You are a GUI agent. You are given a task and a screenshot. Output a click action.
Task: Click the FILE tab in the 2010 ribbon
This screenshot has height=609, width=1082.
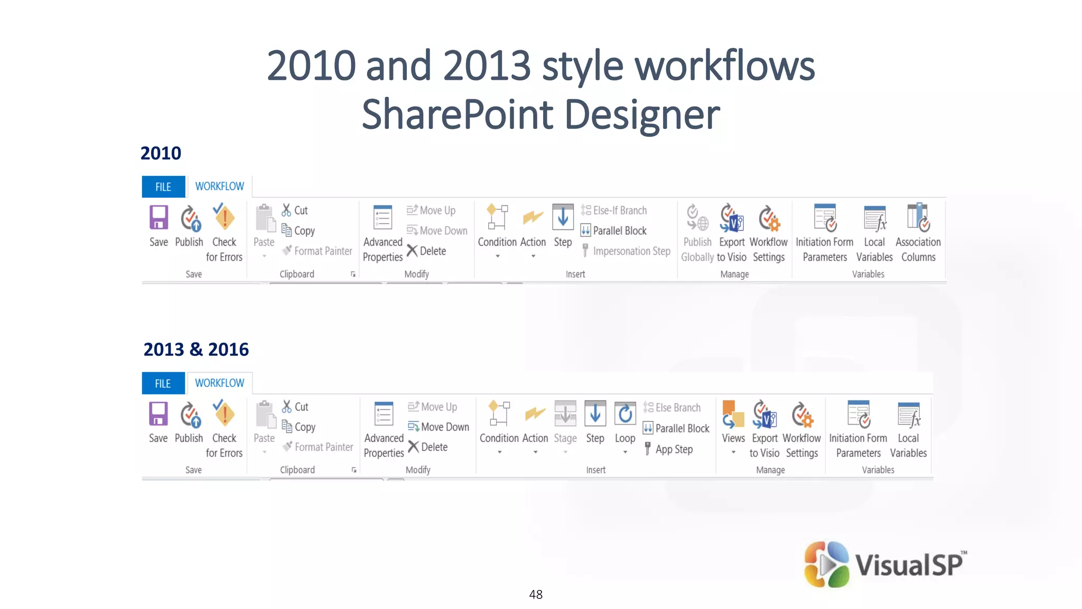pos(163,187)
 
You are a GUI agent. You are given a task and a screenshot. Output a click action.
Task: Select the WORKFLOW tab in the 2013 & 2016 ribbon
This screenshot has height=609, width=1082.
pos(219,383)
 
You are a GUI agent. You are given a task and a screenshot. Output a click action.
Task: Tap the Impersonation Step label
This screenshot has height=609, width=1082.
pos(631,251)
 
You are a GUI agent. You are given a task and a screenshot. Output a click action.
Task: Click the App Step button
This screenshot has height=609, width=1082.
pos(674,449)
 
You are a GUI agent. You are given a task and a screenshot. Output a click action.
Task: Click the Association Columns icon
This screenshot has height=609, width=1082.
pos(918,217)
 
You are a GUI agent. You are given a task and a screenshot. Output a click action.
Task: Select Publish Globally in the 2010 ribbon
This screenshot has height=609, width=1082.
pos(697,233)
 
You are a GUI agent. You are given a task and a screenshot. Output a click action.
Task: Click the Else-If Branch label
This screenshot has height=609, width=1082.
pos(619,210)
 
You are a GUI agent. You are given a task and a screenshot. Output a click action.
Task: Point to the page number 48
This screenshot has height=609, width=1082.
pos(536,595)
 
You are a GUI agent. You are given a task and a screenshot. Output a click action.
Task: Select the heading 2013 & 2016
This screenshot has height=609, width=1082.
pos(196,349)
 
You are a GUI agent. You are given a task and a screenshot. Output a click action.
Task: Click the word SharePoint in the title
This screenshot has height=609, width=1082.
pos(458,115)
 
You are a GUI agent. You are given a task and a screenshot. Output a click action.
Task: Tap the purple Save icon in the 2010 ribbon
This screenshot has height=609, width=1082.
pos(158,217)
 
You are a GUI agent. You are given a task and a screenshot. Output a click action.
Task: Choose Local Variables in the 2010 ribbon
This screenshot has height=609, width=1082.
pos(874,233)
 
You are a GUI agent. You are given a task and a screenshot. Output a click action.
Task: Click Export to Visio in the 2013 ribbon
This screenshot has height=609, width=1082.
pos(764,428)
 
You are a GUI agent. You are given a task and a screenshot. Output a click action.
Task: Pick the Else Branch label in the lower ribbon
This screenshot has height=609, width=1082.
pos(677,408)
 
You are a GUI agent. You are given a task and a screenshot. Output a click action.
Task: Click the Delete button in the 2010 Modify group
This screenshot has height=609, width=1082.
pos(432,251)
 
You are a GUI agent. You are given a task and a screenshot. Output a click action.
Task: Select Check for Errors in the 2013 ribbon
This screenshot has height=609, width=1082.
pos(225,428)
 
